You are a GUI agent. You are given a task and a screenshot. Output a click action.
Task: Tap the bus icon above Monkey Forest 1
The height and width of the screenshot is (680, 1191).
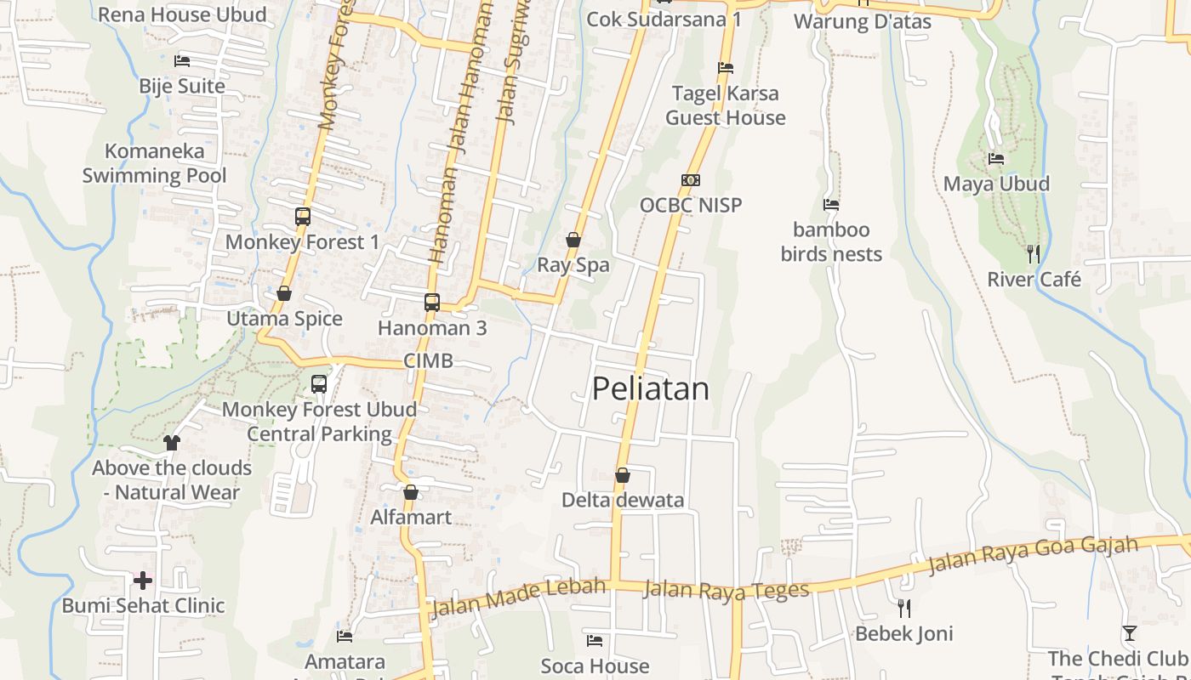click(303, 216)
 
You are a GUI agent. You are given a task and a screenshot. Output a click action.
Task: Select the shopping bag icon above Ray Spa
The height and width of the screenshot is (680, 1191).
click(573, 240)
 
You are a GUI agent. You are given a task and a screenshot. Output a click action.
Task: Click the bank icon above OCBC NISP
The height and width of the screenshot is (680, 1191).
click(691, 180)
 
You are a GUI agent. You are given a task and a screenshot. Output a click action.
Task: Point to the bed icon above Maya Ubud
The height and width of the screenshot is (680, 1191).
click(996, 159)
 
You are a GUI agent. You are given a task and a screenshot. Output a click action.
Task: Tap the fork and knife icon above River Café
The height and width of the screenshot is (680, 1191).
click(1034, 253)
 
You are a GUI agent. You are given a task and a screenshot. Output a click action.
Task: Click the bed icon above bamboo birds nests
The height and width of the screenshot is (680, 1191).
click(831, 205)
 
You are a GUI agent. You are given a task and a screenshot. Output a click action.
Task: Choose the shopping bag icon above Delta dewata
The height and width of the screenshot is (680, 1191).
click(623, 475)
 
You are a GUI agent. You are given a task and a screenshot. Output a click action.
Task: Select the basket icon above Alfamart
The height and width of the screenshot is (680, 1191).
click(411, 492)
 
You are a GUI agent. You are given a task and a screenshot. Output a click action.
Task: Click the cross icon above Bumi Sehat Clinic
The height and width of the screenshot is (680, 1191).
click(143, 581)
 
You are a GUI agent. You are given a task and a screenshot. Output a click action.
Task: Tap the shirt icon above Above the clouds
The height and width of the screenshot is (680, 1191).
click(172, 443)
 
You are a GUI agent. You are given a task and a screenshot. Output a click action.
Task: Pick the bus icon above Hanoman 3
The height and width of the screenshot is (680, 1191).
click(432, 302)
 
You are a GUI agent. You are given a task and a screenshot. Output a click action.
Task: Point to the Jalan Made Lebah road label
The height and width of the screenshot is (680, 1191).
click(518, 597)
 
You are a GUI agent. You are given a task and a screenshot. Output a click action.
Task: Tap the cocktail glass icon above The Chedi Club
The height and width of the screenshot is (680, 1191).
click(1129, 633)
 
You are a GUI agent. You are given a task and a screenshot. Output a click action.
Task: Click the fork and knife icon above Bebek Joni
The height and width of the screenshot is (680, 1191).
click(904, 608)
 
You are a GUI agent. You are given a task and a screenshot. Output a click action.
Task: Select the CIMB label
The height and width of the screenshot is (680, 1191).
click(428, 360)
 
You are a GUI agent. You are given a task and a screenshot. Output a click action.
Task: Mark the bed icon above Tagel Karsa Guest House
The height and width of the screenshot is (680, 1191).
click(726, 68)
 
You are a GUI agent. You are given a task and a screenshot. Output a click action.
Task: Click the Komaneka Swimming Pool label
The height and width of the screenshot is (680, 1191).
click(154, 163)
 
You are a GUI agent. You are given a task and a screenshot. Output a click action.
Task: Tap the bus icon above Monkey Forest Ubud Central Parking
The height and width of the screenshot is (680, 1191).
click(319, 384)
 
